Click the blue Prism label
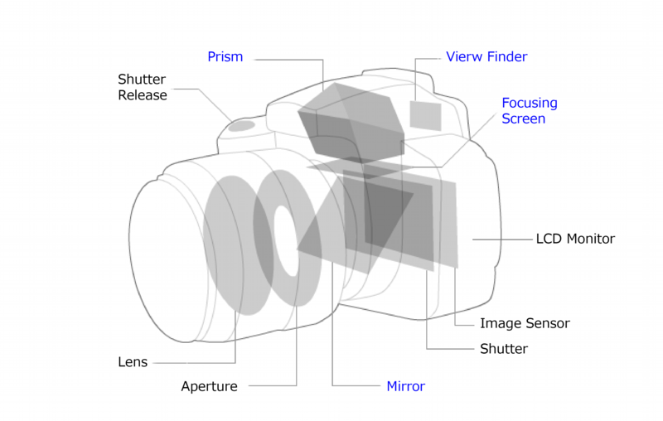tap(225, 56)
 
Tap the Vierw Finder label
tap(486, 56)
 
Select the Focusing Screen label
tap(530, 110)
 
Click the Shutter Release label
tap(142, 87)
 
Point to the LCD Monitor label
tap(575, 239)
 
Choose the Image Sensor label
tap(525, 323)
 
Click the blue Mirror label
tap(405, 386)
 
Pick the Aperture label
tap(210, 386)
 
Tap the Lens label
tap(133, 362)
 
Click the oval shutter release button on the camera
tap(241, 125)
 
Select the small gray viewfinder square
tap(425, 115)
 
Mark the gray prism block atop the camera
tap(351, 123)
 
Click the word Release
tap(142, 95)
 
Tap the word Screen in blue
tap(524, 119)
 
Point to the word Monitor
tap(591, 239)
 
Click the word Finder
tap(507, 56)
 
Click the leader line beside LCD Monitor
tap(502, 240)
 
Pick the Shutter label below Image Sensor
tap(504, 349)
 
